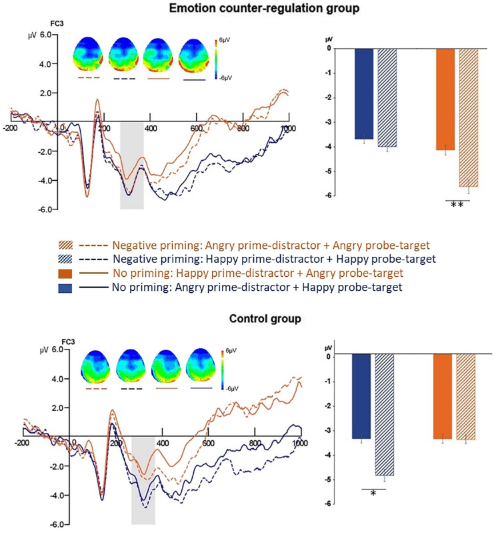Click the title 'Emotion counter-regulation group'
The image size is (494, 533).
pos(264,8)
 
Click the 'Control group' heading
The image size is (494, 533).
pos(265,318)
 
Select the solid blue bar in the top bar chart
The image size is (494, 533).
pos(364,94)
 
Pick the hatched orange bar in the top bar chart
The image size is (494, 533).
pos(469,117)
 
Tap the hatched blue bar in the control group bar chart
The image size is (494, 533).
pos(384,415)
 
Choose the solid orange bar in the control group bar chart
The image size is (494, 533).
pos(443,396)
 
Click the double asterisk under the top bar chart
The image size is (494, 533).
pos(457,205)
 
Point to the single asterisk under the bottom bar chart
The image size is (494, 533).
pos(373,493)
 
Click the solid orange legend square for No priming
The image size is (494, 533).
pos(65,274)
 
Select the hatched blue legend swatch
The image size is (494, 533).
pos(65,259)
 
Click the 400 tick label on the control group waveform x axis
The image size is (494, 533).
pos(163,443)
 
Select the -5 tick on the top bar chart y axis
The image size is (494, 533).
pos(329,171)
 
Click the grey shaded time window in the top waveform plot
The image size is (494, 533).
pos(132,166)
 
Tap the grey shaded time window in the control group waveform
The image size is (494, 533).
pos(143,481)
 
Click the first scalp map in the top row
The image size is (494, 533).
pos(87,54)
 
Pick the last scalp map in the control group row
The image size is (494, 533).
pos(201,366)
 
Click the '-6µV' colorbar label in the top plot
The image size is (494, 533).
pos(225,78)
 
